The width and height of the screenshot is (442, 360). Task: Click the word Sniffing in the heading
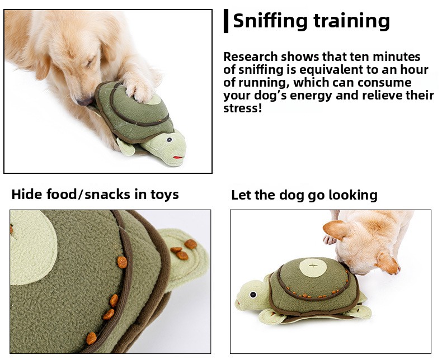tap(270, 21)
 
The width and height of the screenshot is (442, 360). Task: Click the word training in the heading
tap(352, 21)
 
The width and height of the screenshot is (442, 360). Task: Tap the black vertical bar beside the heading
tap(226, 21)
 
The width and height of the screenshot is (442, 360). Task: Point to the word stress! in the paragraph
tap(243, 108)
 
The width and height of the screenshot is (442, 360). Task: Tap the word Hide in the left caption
tap(27, 195)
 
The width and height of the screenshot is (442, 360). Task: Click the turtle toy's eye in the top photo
tap(169, 139)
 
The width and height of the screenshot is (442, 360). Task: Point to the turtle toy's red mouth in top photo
tap(178, 157)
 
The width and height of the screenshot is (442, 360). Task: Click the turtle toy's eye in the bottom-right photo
tap(253, 295)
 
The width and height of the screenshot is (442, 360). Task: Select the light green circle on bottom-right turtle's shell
tap(313, 267)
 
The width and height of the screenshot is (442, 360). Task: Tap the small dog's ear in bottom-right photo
tap(336, 230)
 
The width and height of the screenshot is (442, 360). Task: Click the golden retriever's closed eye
tap(91, 61)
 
